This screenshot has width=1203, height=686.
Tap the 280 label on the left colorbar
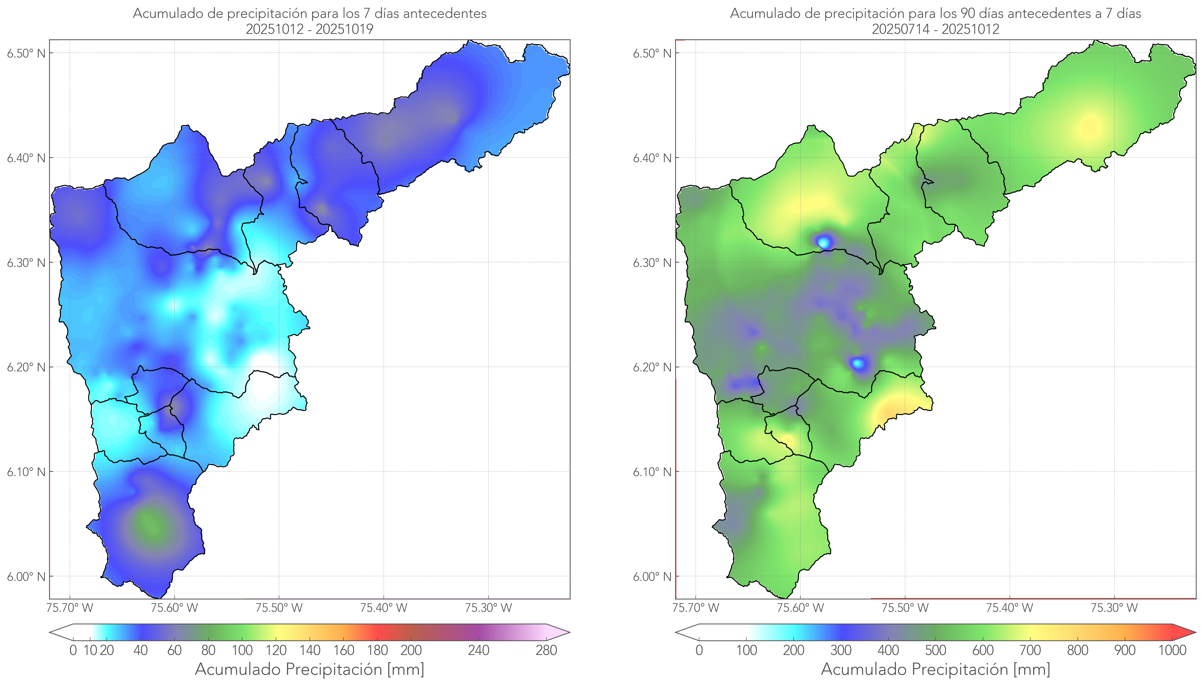[546, 650]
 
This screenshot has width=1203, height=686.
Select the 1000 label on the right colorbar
[1172, 650]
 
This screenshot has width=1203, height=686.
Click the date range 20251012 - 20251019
[310, 29]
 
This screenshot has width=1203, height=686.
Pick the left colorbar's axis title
[310, 669]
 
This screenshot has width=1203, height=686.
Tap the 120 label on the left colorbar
[276, 650]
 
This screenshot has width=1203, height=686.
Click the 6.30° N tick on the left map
[26, 262]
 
